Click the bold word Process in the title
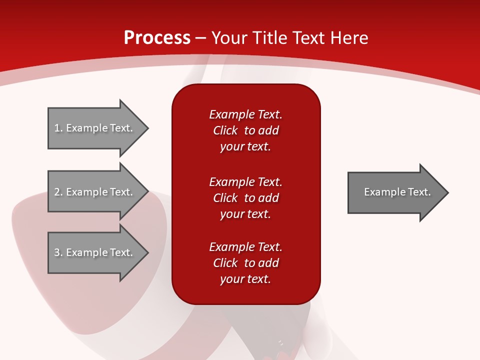tap(157, 38)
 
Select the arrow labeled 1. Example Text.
tap(95, 128)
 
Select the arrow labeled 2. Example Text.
tap(95, 192)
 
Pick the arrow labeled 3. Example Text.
tap(95, 252)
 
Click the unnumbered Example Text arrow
tap(395, 192)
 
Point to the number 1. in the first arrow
tap(58, 128)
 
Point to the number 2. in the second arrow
tap(58, 192)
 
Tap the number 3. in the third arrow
tap(58, 252)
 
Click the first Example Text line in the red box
tap(245, 114)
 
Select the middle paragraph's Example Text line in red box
tap(245, 181)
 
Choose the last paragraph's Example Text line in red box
tap(245, 247)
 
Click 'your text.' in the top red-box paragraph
tap(245, 147)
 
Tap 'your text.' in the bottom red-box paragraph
tap(245, 279)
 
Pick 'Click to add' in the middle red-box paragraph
tap(245, 198)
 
